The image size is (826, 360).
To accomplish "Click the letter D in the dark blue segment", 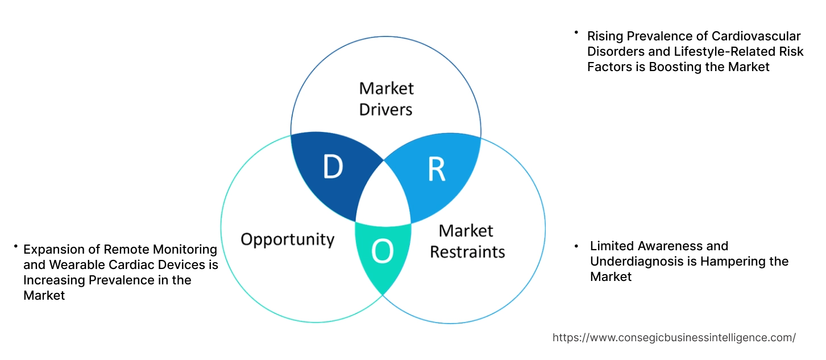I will (333, 167).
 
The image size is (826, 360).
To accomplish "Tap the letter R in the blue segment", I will (436, 169).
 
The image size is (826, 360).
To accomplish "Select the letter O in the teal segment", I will (382, 253).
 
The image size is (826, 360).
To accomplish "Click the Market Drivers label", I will (386, 98).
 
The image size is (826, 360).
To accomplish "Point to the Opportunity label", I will (287, 239).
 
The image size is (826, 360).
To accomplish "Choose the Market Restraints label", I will (467, 241).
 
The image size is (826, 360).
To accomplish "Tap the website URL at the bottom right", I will (674, 337).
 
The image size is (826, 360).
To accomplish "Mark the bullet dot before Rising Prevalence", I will (576, 32).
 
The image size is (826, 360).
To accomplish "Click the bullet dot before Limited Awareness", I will (576, 246).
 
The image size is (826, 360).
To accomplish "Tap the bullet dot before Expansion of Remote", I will (16, 246).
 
